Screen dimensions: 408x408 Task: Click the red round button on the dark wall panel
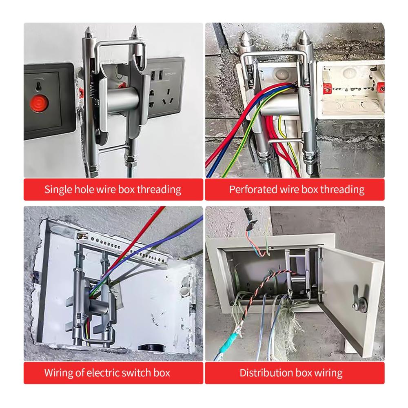(x=39, y=103)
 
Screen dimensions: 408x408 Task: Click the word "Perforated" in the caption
(x=253, y=189)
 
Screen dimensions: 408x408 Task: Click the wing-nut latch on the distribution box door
(x=358, y=301)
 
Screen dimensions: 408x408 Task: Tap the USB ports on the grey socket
(x=157, y=75)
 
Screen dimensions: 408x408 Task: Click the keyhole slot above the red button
(x=39, y=86)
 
